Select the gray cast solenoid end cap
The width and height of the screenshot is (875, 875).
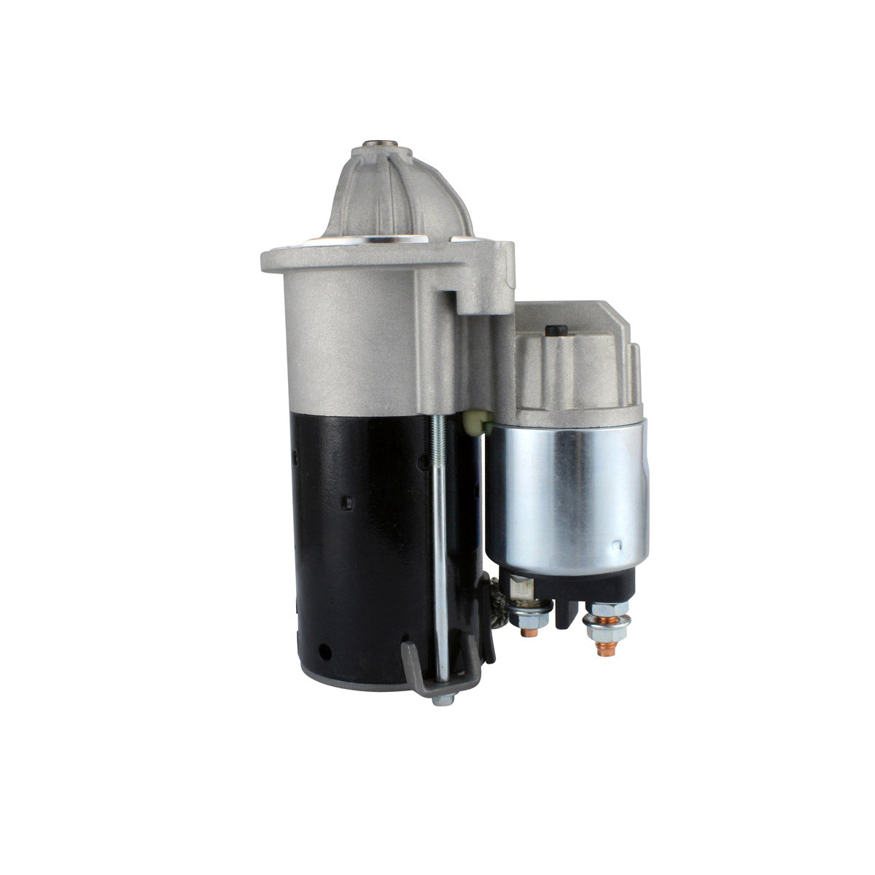[576, 365]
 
